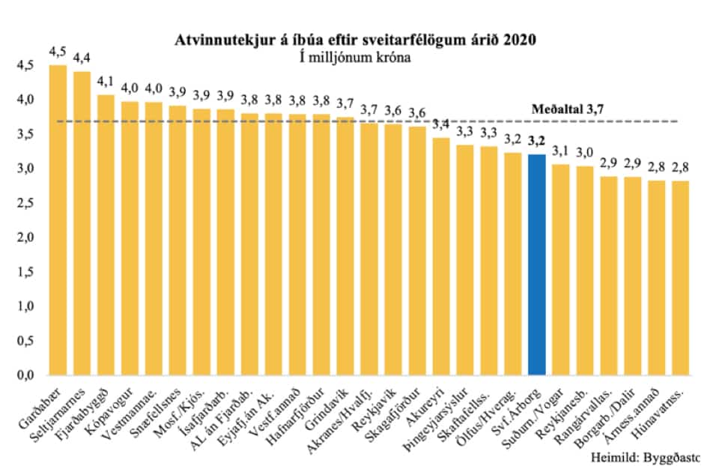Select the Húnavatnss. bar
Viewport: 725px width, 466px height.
pyautogui.click(x=680, y=277)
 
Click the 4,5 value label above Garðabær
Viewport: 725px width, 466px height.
pyautogui.click(x=58, y=52)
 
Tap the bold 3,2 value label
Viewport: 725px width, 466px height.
pyautogui.click(x=536, y=140)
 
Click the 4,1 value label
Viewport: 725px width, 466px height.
pyautogui.click(x=106, y=81)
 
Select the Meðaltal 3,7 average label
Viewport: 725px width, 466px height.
pyautogui.click(x=568, y=109)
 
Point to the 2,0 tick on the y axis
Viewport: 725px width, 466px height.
pyautogui.click(x=25, y=237)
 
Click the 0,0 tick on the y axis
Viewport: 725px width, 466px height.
pyautogui.click(x=25, y=375)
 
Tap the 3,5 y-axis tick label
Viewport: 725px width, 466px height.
pyautogui.click(x=25, y=134)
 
